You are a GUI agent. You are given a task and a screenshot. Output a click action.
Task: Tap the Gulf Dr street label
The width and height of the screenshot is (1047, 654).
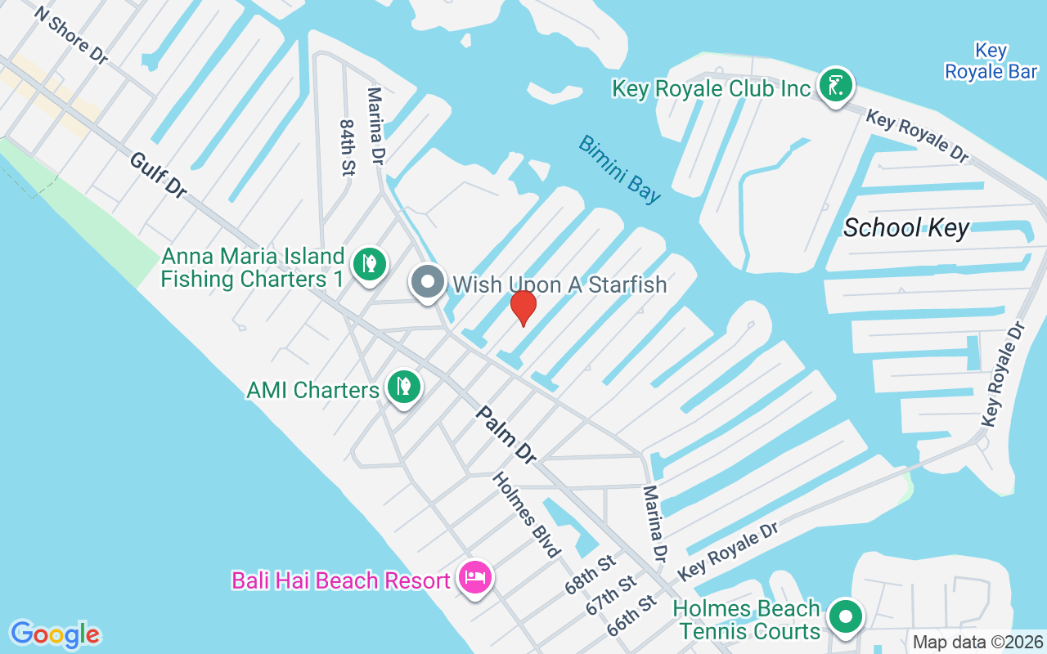pyautogui.click(x=158, y=173)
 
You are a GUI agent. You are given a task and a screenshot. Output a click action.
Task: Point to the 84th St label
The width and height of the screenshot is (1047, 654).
pyautogui.click(x=347, y=147)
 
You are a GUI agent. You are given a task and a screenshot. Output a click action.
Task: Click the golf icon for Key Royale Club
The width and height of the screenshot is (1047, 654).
pyautogui.click(x=835, y=86)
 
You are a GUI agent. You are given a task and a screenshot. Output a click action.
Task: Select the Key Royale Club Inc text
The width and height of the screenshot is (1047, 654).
pyautogui.click(x=711, y=88)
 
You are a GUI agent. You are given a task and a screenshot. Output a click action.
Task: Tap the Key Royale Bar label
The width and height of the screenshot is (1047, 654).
pyautogui.click(x=991, y=61)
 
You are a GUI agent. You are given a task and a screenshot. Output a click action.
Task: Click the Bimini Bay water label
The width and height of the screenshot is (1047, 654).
pyautogui.click(x=619, y=168)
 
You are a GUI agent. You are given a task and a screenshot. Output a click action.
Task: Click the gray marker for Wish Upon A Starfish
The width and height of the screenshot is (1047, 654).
pyautogui.click(x=426, y=283)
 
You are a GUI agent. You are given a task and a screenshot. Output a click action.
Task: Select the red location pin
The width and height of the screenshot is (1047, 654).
pyautogui.click(x=523, y=307)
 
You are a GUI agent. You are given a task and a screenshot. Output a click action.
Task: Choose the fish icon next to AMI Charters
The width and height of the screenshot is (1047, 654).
pyautogui.click(x=403, y=386)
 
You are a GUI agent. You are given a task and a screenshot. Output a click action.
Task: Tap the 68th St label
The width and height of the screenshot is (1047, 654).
pyautogui.click(x=590, y=575)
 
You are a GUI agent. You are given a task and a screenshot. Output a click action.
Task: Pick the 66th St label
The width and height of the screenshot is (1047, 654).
pyautogui.click(x=631, y=616)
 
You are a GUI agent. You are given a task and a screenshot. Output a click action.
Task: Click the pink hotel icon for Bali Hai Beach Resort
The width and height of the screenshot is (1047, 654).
pyautogui.click(x=475, y=580)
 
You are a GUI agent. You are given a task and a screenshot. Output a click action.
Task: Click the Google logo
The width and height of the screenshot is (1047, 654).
pyautogui.click(x=55, y=634)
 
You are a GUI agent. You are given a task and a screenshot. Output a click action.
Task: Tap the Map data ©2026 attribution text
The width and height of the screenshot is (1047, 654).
pyautogui.click(x=977, y=643)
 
